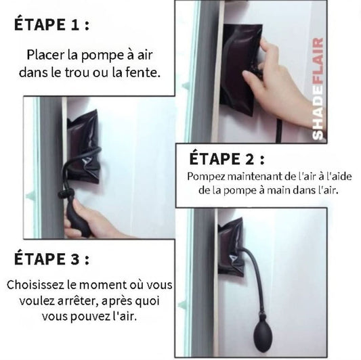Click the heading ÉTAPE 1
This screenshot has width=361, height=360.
(51, 24)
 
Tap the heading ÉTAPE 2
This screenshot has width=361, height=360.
(226, 158)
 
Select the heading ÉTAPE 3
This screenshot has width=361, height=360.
(51, 258)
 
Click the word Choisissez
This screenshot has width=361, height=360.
(36, 285)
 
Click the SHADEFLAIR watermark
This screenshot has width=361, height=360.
(318, 89)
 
